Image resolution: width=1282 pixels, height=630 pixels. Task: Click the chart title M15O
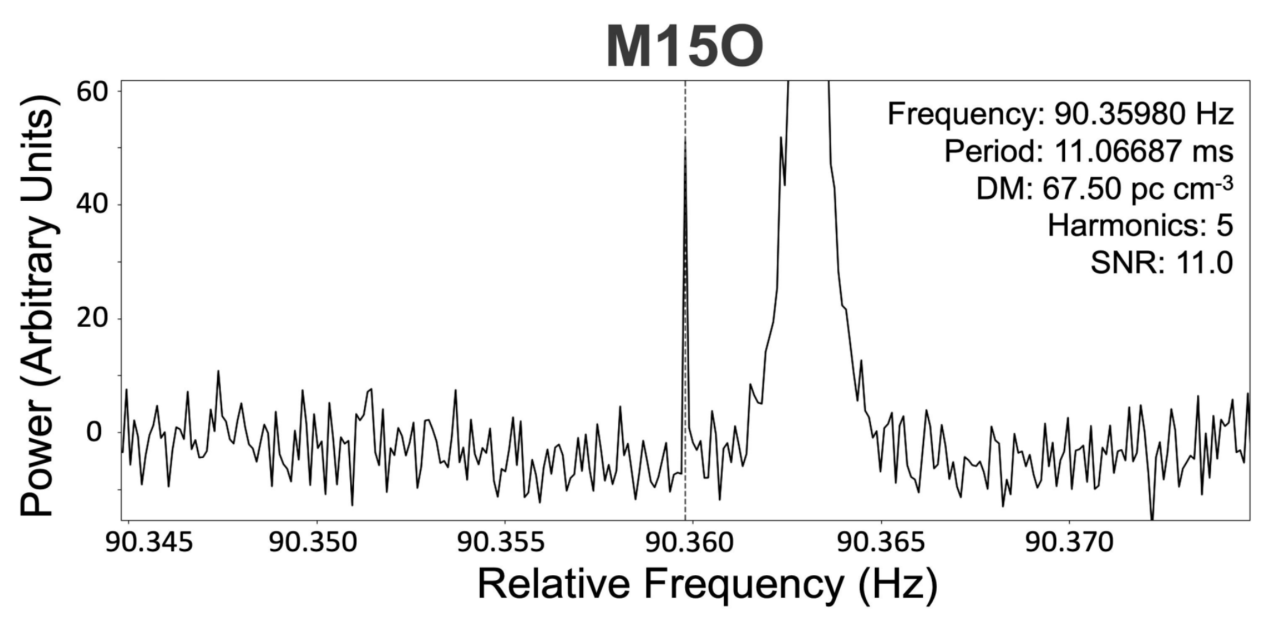coord(685,47)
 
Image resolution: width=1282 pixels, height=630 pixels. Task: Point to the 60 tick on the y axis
coord(92,91)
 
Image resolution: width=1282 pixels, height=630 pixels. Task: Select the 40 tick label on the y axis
coord(92,204)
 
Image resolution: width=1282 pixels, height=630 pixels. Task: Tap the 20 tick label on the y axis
coord(92,318)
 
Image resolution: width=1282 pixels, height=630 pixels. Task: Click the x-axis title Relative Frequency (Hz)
coord(708,584)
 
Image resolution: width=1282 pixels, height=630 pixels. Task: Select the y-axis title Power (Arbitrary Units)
coord(38,306)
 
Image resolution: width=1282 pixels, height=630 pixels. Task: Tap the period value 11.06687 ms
coord(1144,151)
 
